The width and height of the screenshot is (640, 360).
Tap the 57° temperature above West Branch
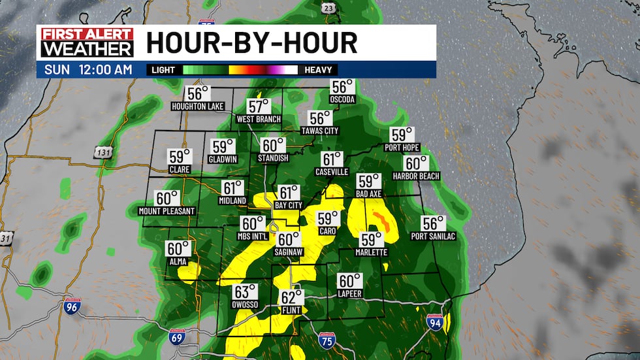point(259,106)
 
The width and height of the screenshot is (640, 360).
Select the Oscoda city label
point(342,99)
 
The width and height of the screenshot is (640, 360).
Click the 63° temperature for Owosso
point(243,291)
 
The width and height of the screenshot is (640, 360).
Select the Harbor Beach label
point(416,176)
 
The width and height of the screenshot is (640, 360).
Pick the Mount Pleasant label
point(167,211)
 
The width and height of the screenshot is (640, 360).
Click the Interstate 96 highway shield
point(72,306)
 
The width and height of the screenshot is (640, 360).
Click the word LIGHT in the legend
point(164,70)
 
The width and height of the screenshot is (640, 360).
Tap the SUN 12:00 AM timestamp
point(89,69)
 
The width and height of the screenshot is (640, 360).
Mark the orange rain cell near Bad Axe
point(384,223)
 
